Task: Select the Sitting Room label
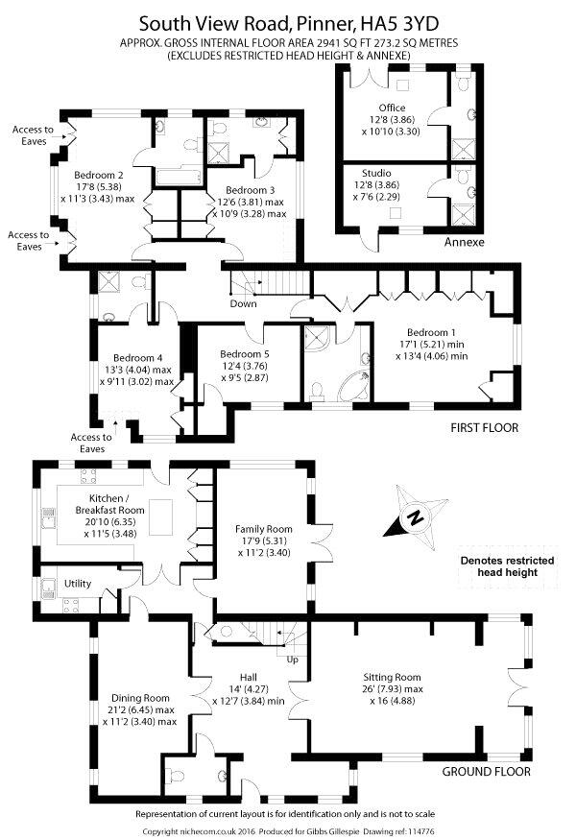pos(393,677)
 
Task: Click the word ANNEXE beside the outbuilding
pos(464,242)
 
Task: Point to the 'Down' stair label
pos(243,303)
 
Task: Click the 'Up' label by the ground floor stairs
pos(293,660)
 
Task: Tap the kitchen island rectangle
pos(160,517)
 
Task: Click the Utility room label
pos(78,584)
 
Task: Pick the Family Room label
pos(264,529)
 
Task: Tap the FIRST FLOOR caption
pos(485,427)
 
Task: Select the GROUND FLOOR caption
pos(486,772)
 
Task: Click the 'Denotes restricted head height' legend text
pos(508,566)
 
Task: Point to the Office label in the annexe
pos(393,108)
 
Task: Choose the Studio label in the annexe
pos(376,173)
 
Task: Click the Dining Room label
pos(140,698)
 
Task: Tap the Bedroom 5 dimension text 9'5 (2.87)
pos(245,377)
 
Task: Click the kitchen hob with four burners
pos(88,476)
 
